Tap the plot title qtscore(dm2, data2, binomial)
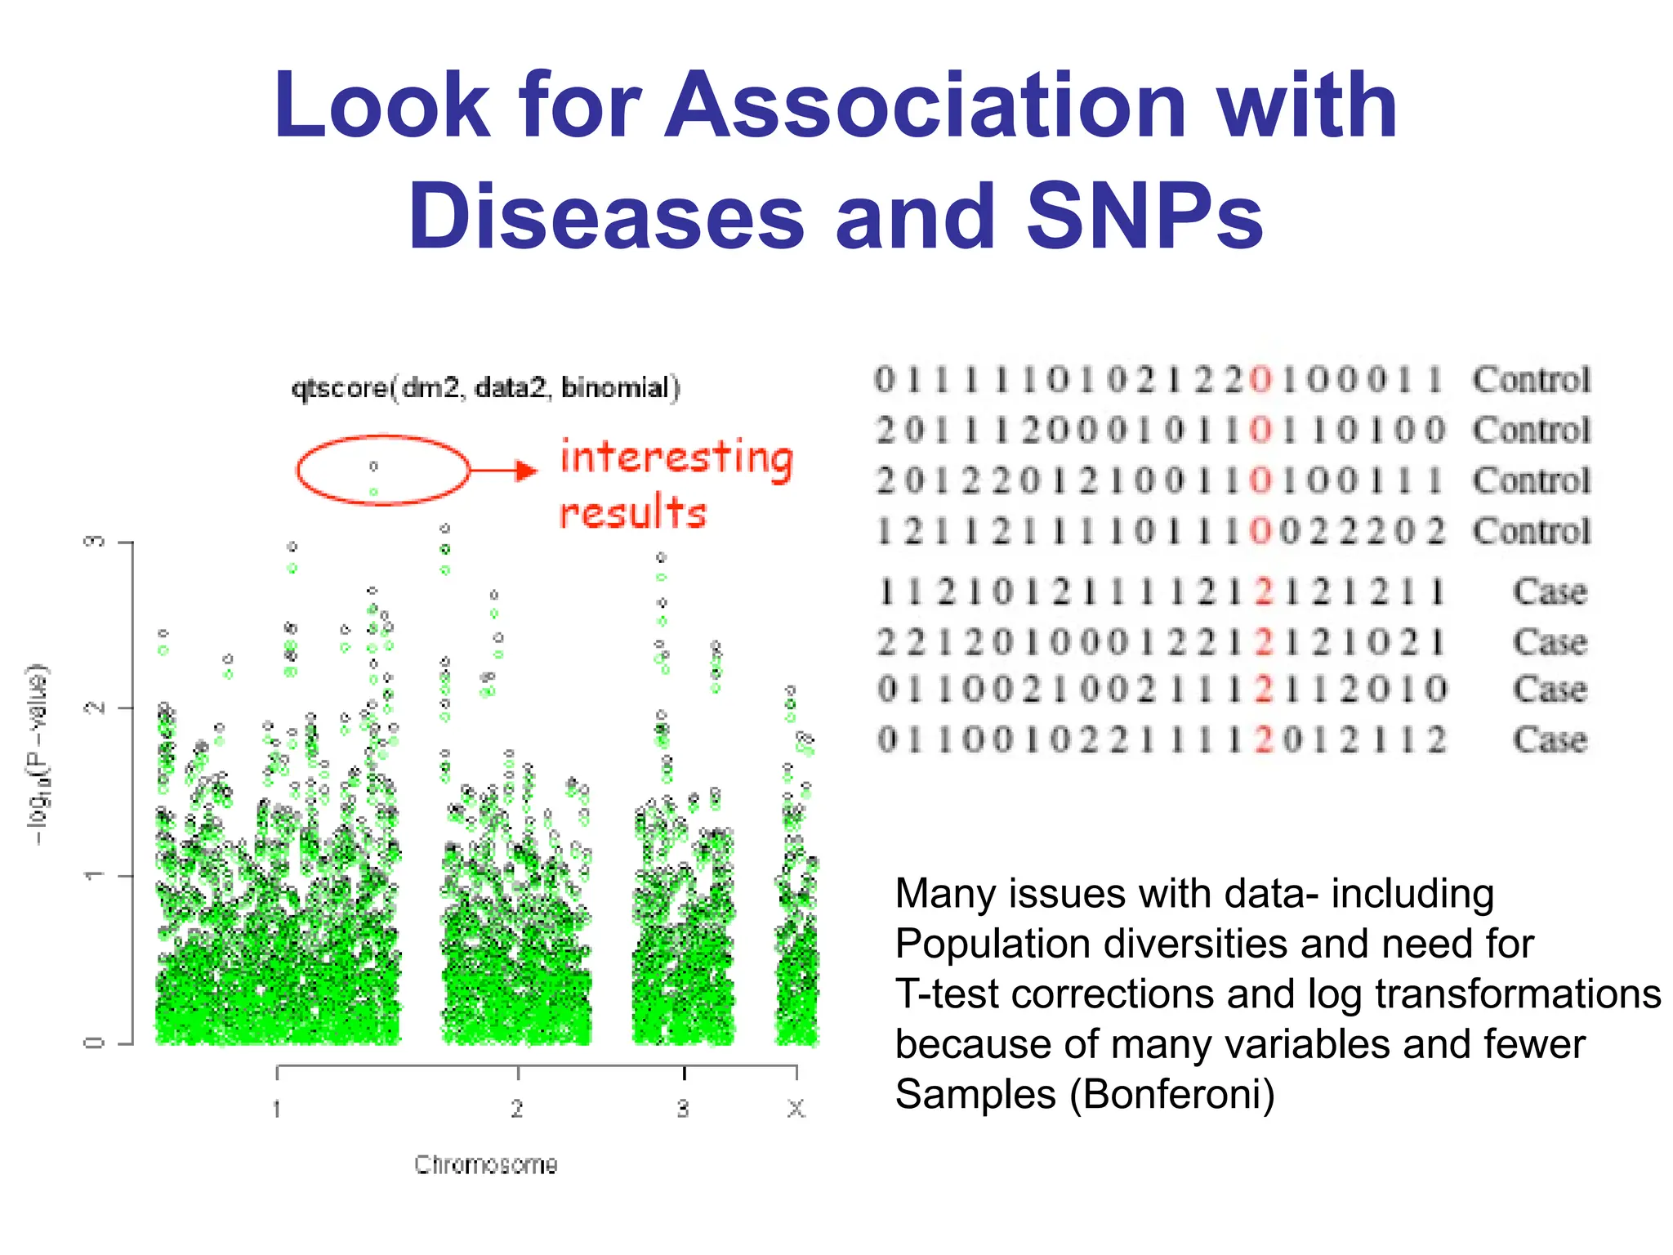click(485, 387)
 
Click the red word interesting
click(676, 458)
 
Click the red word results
click(632, 513)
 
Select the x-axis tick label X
click(796, 1109)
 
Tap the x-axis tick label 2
click(517, 1109)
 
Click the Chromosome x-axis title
click(485, 1164)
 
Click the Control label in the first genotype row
click(1532, 380)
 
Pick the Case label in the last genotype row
click(1550, 739)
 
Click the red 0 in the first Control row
click(1261, 380)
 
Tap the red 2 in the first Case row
click(1264, 592)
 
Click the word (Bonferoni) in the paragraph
click(1172, 1095)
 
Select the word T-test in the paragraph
click(948, 994)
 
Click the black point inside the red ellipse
click(373, 467)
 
